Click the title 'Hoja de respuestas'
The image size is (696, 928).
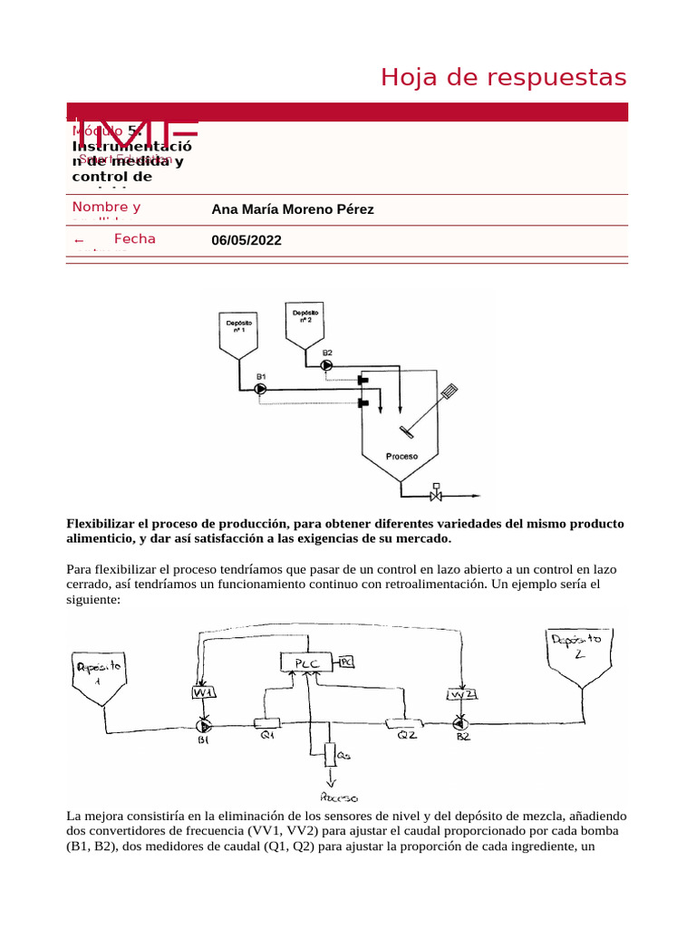pos(503,78)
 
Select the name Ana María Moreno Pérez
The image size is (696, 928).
pos(292,209)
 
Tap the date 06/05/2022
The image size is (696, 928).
pos(246,240)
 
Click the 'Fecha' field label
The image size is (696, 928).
pos(134,239)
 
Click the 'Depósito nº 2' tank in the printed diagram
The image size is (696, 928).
pos(305,324)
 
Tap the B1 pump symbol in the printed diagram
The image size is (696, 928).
pos(260,389)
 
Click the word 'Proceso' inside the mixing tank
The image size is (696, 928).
pos(401,457)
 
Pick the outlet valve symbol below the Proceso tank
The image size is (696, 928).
pos(436,496)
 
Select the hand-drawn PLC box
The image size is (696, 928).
pos(305,663)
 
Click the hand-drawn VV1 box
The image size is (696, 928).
pos(202,693)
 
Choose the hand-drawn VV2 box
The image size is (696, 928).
pos(461,694)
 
